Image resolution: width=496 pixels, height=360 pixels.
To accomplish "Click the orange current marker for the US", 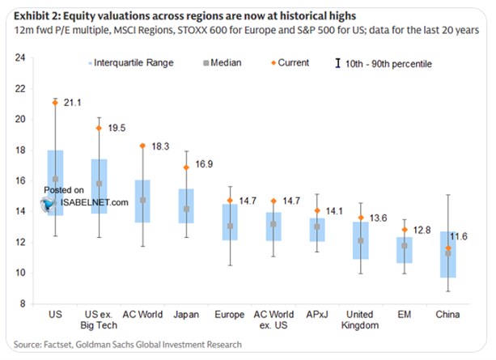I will pyautogui.click(x=55, y=103).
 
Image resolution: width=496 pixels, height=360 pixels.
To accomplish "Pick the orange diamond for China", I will pyautogui.click(x=447, y=248).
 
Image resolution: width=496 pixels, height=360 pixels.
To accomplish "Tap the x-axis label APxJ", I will pyautogui.click(x=317, y=312).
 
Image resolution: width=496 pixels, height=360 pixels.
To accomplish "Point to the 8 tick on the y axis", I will pyautogui.click(x=23, y=303).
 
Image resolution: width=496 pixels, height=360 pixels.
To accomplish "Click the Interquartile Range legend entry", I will pyautogui.click(x=129, y=62).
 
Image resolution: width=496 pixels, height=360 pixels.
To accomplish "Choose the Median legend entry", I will pyautogui.click(x=219, y=62).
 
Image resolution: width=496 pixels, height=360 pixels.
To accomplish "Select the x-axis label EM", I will pyautogui.click(x=404, y=312).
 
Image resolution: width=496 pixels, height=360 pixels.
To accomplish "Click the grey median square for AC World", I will pyautogui.click(x=142, y=200).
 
